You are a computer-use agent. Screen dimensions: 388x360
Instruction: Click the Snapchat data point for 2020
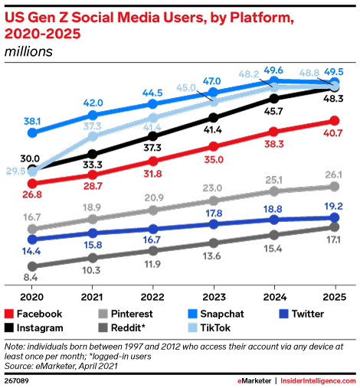pos(32,132)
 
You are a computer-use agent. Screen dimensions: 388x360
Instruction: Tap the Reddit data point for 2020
pos(32,266)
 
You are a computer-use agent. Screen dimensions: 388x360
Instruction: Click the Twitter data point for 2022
pos(153,228)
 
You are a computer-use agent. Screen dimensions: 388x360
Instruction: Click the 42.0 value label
pos(93,103)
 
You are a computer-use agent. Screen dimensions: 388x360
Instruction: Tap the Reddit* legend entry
pos(132,328)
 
